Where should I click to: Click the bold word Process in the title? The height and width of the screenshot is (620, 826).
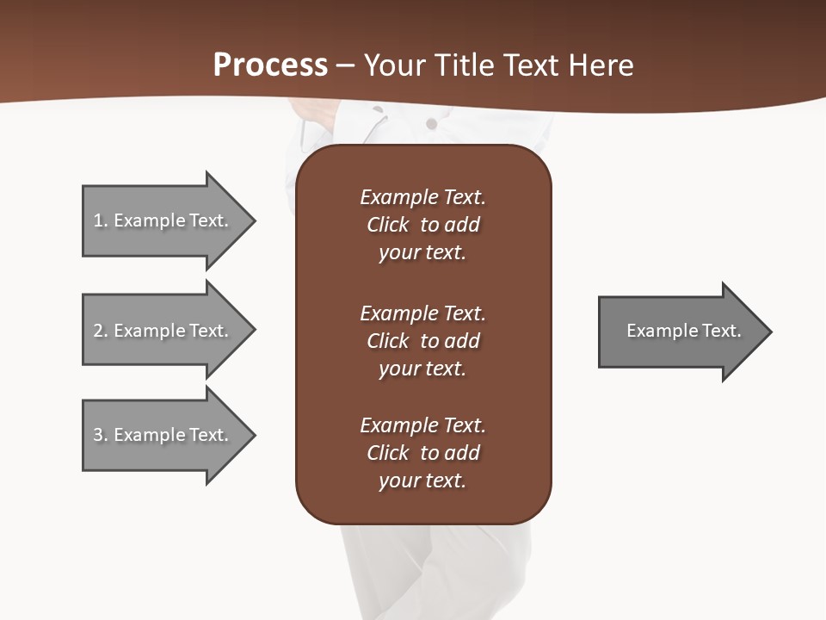tap(270, 65)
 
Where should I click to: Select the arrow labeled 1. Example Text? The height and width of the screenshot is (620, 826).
tap(163, 220)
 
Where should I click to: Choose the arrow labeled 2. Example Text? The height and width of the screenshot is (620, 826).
tap(163, 331)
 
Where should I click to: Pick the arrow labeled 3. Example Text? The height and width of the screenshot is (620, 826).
tap(163, 435)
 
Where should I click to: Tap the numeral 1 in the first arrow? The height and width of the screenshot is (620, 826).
tap(98, 220)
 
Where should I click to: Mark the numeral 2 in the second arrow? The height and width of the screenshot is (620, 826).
tap(98, 331)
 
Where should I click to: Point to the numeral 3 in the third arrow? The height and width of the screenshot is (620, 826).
tap(98, 435)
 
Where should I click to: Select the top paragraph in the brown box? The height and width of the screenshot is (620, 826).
tap(422, 225)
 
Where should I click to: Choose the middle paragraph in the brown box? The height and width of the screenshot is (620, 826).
tap(422, 341)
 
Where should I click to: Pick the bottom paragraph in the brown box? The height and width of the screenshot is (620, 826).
tap(422, 453)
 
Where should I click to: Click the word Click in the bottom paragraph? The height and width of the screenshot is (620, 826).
tap(387, 453)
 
